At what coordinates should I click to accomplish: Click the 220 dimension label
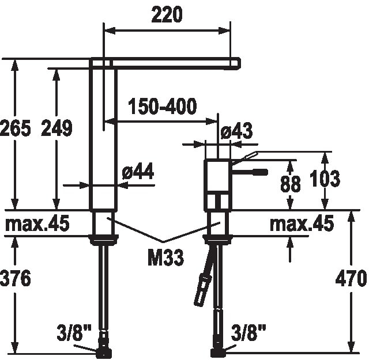pos(167,14)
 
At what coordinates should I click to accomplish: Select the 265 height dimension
pos(16,128)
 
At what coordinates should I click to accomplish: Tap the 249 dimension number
pos(57,128)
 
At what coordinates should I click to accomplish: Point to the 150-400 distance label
pos(163,106)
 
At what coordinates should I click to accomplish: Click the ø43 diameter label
pos(237,131)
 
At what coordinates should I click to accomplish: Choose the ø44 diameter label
pos(138,171)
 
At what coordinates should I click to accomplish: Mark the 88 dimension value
pos(291,183)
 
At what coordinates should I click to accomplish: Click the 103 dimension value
pos(325,179)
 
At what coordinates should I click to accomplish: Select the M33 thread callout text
pos(165,257)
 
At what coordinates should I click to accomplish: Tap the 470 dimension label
pos(351,278)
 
